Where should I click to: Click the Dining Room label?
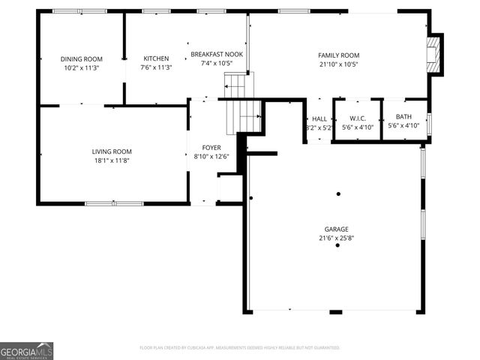click(81, 58)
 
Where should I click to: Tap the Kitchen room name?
click(156, 58)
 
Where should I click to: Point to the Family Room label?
click(338, 55)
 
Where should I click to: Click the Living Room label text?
click(112, 151)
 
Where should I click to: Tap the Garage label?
click(337, 229)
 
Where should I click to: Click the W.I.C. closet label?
click(357, 118)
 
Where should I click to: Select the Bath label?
click(403, 116)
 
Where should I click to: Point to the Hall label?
click(319, 118)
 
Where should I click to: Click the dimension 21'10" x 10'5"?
click(338, 64)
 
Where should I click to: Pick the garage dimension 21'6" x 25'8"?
click(337, 238)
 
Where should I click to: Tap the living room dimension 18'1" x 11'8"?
click(112, 160)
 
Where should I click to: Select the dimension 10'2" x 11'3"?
click(81, 67)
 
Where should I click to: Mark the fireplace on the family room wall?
click(433, 54)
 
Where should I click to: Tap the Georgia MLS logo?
click(26, 351)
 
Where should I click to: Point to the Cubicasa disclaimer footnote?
click(240, 348)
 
